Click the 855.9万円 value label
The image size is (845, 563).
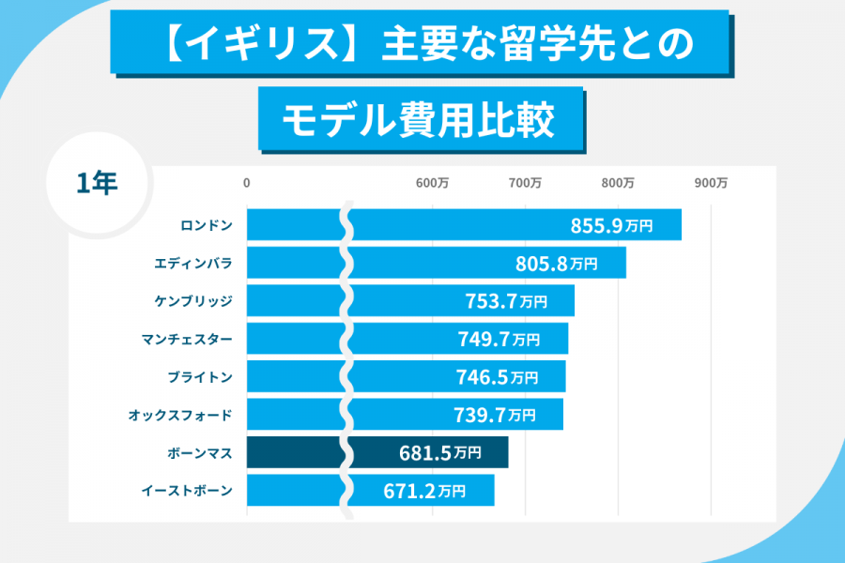pyautogui.click(x=611, y=225)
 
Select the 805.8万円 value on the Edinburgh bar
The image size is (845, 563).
pyautogui.click(x=556, y=264)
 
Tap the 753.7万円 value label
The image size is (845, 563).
pyautogui.click(x=505, y=301)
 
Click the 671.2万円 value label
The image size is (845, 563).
pyautogui.click(x=424, y=490)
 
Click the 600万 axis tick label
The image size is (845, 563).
pyautogui.click(x=432, y=183)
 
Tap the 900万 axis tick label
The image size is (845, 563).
pyautogui.click(x=711, y=183)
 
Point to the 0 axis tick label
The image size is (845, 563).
pyautogui.click(x=247, y=183)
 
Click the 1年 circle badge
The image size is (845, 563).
pyautogui.click(x=98, y=184)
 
